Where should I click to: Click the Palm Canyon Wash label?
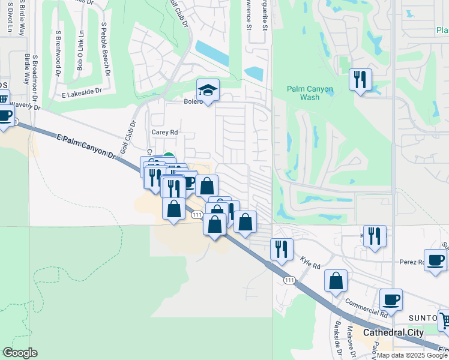(310, 93)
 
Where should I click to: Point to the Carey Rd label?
(164, 132)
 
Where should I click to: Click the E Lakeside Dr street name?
(82, 95)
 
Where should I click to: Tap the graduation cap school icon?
(208, 90)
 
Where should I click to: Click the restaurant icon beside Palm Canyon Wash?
(360, 79)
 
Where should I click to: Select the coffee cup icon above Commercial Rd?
(391, 299)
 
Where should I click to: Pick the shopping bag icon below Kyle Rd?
(336, 280)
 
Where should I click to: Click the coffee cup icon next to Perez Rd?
(435, 260)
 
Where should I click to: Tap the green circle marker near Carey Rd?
(169, 157)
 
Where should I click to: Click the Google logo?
(20, 353)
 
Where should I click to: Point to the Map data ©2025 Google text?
(412, 355)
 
